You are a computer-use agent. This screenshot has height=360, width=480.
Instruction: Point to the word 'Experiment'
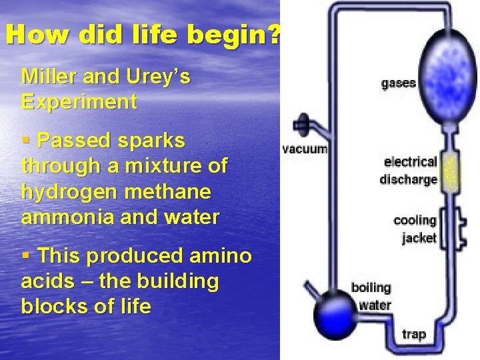[79, 102]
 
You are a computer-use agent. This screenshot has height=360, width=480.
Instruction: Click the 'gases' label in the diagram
[398, 83]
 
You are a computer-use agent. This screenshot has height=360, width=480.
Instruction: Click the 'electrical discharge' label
[409, 171]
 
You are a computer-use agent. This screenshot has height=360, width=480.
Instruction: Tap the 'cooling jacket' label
[415, 229]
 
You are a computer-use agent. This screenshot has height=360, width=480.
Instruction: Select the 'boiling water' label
[371, 297]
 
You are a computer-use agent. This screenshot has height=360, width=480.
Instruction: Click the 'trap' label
[413, 333]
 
